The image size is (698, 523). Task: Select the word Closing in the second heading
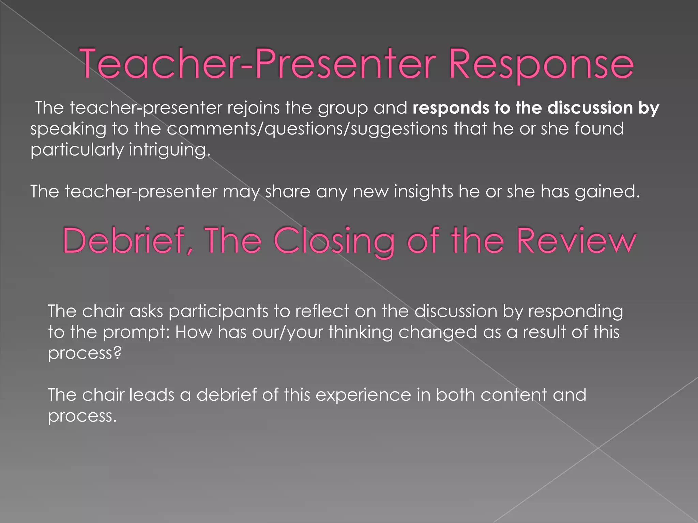click(x=334, y=241)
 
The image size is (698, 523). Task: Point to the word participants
click(x=218, y=311)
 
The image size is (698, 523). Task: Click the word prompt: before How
click(x=136, y=332)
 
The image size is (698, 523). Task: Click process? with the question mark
click(x=85, y=353)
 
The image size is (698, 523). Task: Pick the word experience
click(x=363, y=395)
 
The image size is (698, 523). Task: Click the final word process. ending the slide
click(x=82, y=416)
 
